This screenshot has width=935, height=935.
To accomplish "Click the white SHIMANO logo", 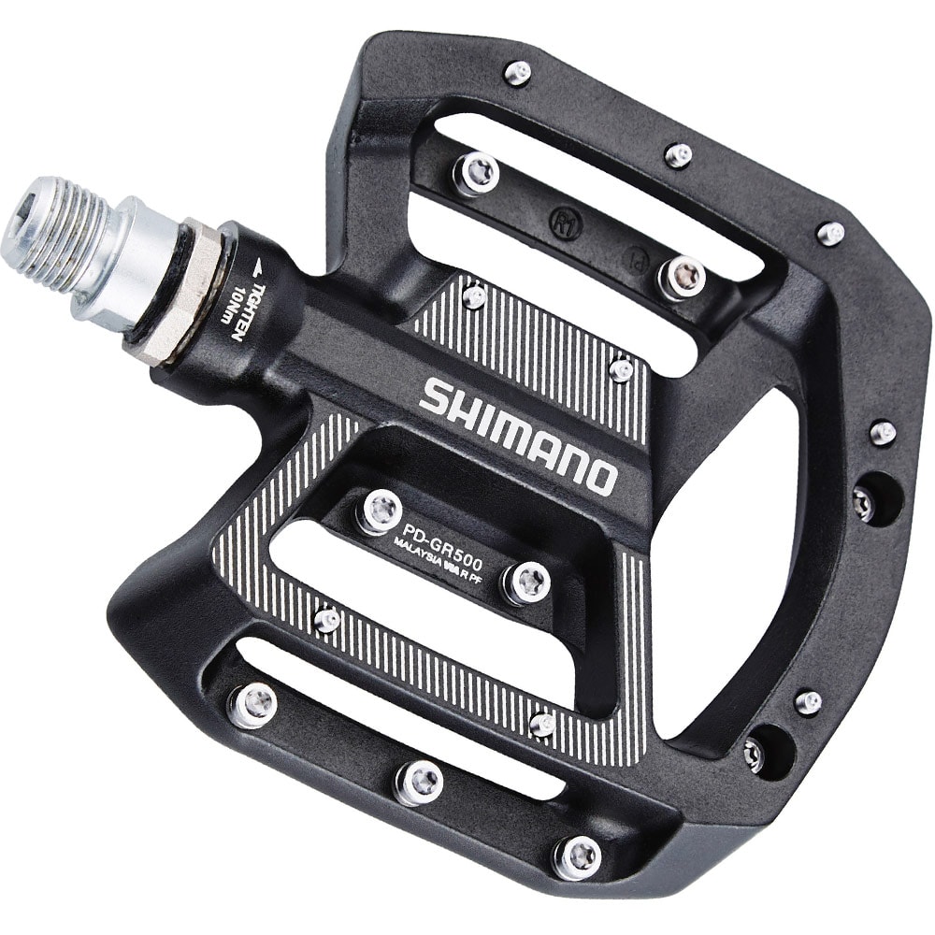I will pyautogui.click(x=517, y=435).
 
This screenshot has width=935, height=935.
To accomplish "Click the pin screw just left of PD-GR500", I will pyautogui.click(x=380, y=511).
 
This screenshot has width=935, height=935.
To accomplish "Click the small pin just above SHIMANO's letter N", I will pyautogui.click(x=621, y=370).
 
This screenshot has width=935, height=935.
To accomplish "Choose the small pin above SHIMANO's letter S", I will pyautogui.click(x=474, y=296).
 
